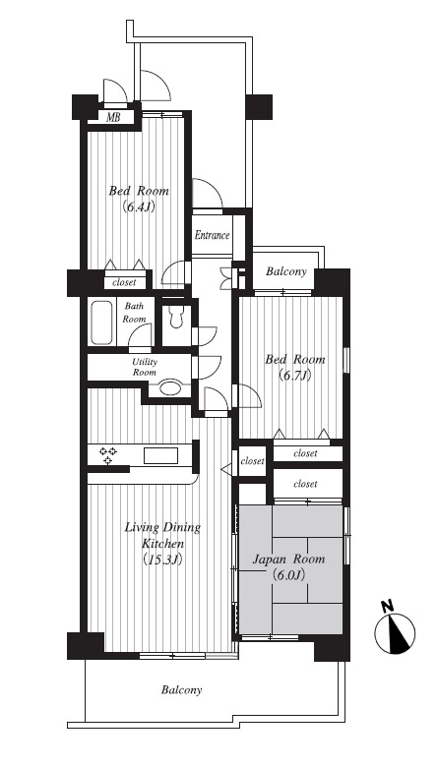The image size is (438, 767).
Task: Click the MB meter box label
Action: pyautogui.click(x=113, y=117)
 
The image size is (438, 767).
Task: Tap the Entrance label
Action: pyautogui.click(x=212, y=235)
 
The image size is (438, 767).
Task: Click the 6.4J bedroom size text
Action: pyautogui.click(x=139, y=206)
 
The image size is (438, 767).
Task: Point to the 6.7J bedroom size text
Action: pyautogui.click(x=295, y=376)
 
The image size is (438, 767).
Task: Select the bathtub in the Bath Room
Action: pyautogui.click(x=101, y=323)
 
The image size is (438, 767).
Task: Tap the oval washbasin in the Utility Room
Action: pyautogui.click(x=170, y=387)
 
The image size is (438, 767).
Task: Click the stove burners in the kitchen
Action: pyautogui.click(x=107, y=455)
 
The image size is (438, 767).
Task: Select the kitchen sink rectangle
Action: pyautogui.click(x=160, y=455)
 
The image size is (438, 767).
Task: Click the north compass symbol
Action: pyautogui.click(x=395, y=633)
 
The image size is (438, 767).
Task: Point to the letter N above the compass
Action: pyautogui.click(x=388, y=607)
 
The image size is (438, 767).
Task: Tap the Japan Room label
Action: pyautogui.click(x=288, y=560)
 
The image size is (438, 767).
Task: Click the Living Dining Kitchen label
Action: pyautogui.click(x=162, y=535)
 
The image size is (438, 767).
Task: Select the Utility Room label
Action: pyautogui.click(x=145, y=367)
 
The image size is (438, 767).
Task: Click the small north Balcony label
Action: pyautogui.click(x=286, y=271)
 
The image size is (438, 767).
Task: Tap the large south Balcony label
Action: pyautogui.click(x=181, y=690)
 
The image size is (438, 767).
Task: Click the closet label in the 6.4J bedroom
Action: pyautogui.click(x=125, y=283)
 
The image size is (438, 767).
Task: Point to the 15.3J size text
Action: pyautogui.click(x=162, y=559)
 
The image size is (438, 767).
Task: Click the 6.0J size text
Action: pyautogui.click(x=288, y=575)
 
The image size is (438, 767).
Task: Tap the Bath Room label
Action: pyautogui.click(x=134, y=313)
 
